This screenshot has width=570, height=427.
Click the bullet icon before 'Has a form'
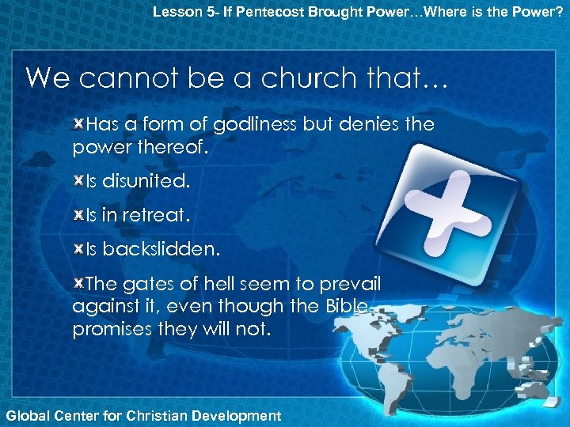tap(78, 124)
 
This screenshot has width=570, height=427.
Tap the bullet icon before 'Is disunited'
tap(78, 181)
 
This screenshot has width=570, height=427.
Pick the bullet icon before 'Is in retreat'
tap(78, 215)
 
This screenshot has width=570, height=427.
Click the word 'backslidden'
tap(159, 249)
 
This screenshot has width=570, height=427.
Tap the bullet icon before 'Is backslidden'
tap(78, 249)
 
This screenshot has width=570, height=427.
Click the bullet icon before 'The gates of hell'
tap(78, 283)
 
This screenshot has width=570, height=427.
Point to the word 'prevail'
tap(351, 283)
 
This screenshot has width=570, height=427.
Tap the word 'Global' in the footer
tap(26, 415)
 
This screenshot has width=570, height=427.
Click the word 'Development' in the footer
tap(238, 415)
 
